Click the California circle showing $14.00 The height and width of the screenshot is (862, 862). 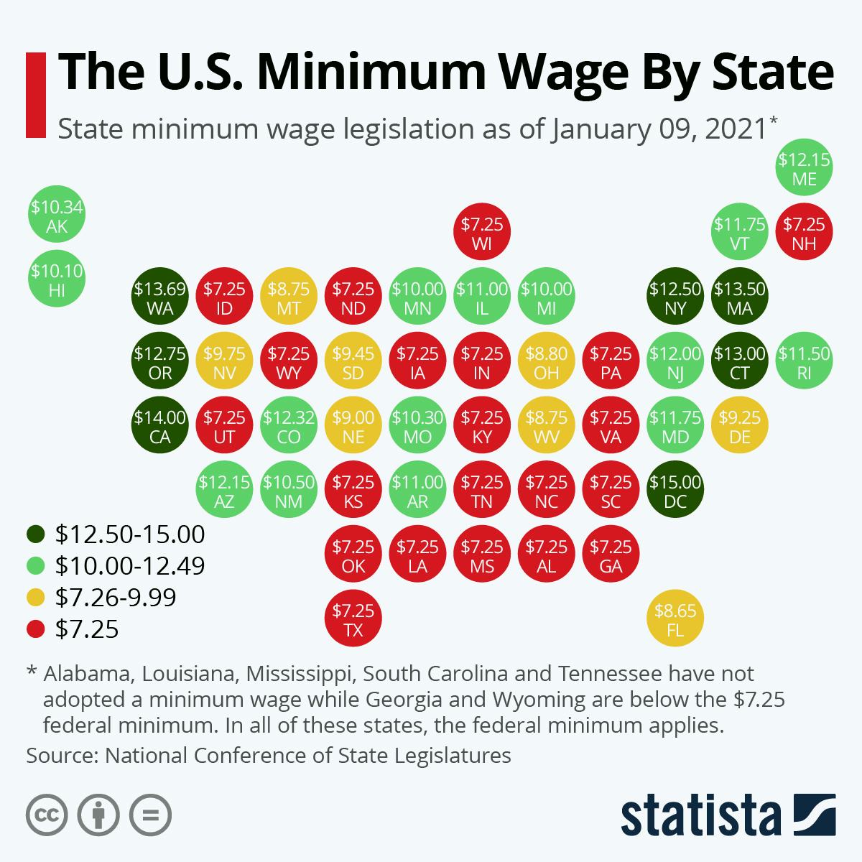click(x=159, y=427)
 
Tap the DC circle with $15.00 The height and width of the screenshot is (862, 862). click(x=675, y=491)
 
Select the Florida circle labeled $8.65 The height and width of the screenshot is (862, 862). click(x=675, y=621)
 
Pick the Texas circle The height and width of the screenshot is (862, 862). click(x=353, y=621)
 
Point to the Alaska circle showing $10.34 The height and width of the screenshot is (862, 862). click(x=56, y=217)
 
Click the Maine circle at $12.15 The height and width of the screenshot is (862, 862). click(x=805, y=168)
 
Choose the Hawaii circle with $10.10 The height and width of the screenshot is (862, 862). click(x=56, y=280)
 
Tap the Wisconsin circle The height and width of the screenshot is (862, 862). click(x=482, y=233)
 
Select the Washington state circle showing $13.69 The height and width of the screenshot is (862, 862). click(x=159, y=298)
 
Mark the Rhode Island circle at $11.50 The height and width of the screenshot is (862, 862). click(x=805, y=362)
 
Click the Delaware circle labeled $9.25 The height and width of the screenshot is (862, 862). click(x=740, y=427)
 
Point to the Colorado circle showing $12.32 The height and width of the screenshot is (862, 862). click(x=289, y=427)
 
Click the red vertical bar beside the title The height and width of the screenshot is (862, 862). click(x=34, y=94)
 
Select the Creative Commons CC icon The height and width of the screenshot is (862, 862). click(x=47, y=815)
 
